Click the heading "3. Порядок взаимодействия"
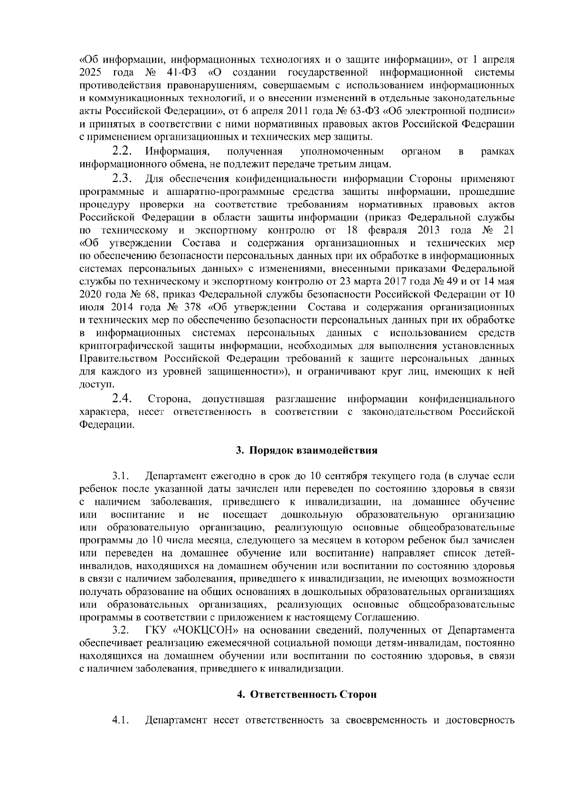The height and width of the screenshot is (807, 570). (x=307, y=451)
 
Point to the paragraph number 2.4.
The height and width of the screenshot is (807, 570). (x=122, y=397)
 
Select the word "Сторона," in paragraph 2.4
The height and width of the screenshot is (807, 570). (x=170, y=398)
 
